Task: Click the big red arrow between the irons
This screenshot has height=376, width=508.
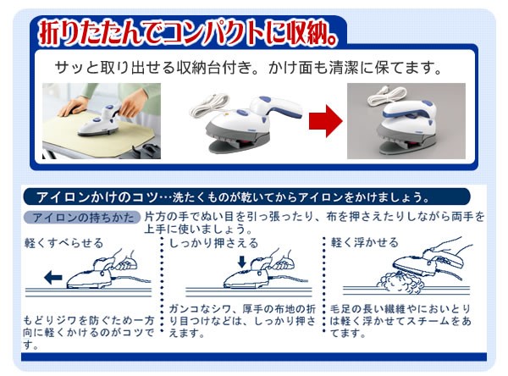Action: click(326, 121)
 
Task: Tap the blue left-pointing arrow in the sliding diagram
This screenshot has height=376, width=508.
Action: click(52, 278)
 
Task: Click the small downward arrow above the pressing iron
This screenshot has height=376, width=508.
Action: click(241, 262)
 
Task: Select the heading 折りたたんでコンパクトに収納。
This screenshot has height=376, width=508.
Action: click(187, 33)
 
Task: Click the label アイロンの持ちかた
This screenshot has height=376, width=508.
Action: click(82, 217)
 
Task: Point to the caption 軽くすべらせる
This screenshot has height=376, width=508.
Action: click(63, 243)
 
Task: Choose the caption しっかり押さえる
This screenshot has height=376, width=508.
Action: click(214, 243)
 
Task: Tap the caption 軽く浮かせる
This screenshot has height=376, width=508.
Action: click(364, 242)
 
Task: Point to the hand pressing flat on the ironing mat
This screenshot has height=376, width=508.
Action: click(73, 107)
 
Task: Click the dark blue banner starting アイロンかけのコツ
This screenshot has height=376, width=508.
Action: click(246, 196)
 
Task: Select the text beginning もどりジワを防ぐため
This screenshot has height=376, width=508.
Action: click(88, 333)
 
